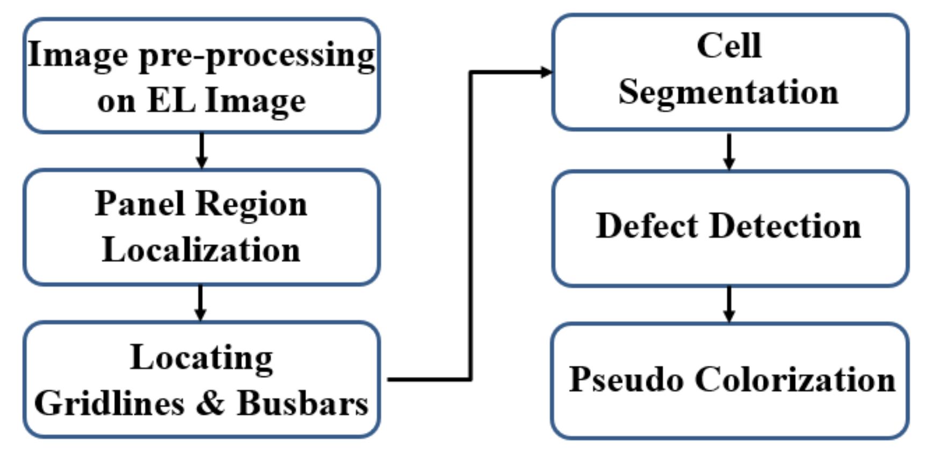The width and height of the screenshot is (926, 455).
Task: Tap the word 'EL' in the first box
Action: (171, 101)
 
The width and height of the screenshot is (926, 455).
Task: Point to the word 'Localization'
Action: (201, 250)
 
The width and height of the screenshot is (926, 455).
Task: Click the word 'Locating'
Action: (201, 358)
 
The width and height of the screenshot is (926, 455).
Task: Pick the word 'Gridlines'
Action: (109, 403)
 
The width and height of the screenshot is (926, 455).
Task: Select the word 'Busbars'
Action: (302, 403)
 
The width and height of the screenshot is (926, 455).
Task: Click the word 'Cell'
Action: (729, 46)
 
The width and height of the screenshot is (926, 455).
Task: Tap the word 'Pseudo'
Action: (626, 380)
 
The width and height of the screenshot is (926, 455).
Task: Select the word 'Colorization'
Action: (795, 380)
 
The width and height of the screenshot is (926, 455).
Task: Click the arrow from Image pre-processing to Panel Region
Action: (201, 151)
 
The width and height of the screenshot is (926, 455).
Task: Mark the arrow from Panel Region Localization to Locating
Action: (200, 303)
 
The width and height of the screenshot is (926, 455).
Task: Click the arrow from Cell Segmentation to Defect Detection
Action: (729, 151)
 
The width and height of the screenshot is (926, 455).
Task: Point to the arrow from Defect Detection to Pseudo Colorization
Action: (729, 304)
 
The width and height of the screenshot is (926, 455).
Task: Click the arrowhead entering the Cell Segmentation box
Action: (546, 72)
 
